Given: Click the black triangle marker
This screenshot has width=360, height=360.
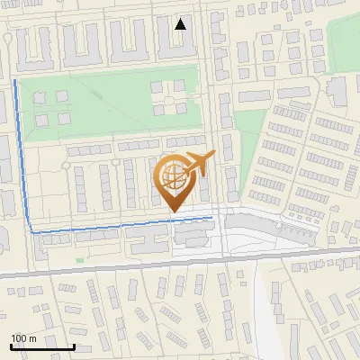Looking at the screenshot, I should click(181, 24).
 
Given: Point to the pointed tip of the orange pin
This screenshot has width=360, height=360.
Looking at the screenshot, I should click(173, 212).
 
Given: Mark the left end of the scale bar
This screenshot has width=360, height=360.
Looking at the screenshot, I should click(11, 346).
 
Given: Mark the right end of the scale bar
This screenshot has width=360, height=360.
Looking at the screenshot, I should click(74, 346).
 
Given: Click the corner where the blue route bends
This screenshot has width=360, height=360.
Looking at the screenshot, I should click(31, 231).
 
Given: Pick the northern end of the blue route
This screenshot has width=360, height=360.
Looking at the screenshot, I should click(15, 81).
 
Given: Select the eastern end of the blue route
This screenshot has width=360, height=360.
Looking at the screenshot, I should click(212, 217).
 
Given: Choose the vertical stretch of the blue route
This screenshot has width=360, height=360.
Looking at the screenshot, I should click(22, 153).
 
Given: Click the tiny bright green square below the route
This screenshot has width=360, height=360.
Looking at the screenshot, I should click(79, 260).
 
